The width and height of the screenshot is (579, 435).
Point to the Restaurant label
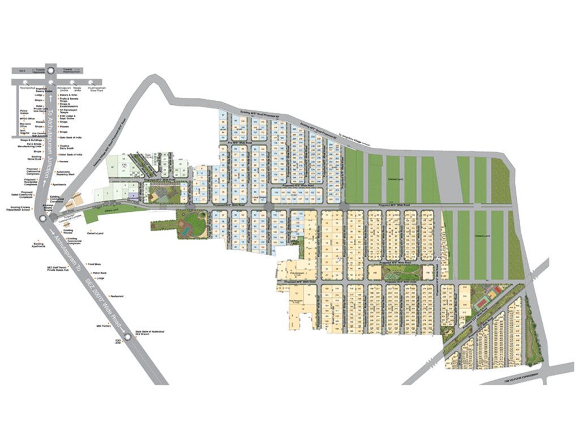coord(117,296)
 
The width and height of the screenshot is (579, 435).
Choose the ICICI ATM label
coord(118,342)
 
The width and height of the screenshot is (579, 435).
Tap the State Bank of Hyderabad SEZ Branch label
coord(149,334)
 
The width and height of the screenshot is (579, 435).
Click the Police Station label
coord(24,112)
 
